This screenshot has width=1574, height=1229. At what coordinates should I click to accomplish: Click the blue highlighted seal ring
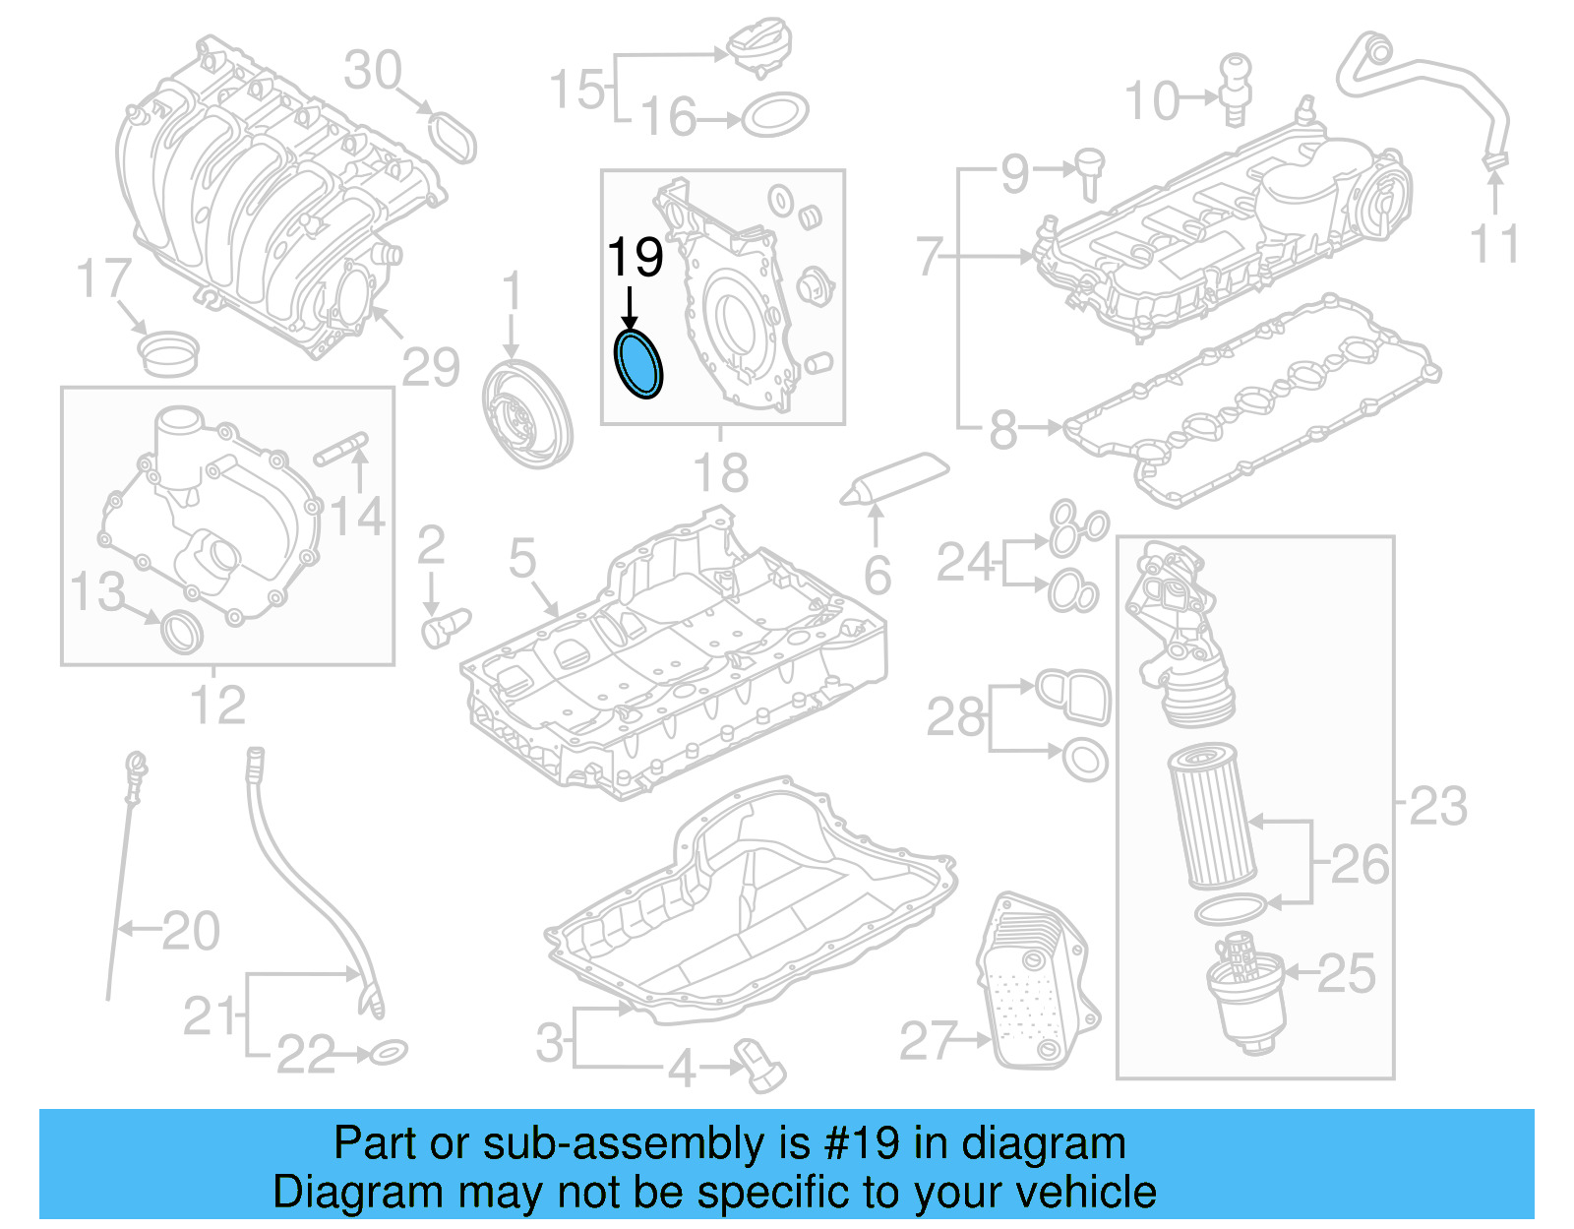638,364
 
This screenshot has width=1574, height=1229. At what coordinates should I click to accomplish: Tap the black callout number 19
635,258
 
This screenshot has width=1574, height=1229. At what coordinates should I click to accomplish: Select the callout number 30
373,71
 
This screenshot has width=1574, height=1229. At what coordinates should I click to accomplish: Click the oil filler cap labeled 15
757,50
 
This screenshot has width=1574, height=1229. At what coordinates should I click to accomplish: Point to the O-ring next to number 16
774,116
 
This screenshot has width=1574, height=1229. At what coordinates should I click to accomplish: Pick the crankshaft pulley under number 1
527,414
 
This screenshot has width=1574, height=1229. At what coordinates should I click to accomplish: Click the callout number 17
103,278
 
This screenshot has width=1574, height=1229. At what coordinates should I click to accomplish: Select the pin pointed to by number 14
340,449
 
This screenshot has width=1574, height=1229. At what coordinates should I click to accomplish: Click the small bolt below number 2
444,627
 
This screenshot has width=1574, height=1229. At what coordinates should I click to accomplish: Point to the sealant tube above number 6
894,478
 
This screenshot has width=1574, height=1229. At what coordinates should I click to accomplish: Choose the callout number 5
522,558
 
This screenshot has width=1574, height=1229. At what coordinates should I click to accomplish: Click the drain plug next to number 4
759,1067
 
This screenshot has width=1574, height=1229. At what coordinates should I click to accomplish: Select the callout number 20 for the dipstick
191,931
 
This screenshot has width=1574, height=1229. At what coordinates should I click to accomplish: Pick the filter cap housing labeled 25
1245,996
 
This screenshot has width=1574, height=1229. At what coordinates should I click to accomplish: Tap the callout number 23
1438,807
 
